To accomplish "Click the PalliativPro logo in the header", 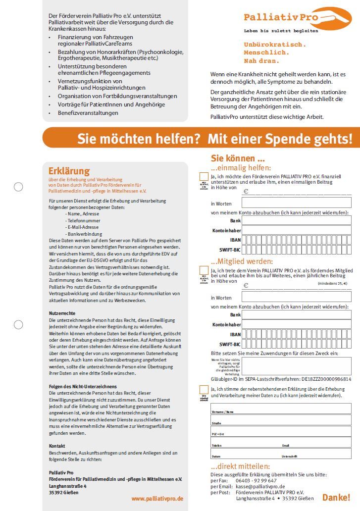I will click(x=297, y=19).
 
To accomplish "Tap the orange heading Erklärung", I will click(x=69, y=171).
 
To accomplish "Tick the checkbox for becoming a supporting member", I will click(x=204, y=270).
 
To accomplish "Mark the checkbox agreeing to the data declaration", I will click(x=204, y=389).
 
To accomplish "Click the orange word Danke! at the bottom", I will click(x=336, y=497).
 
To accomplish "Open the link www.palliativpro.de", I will click(x=157, y=498).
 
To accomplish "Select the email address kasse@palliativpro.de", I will click(x=260, y=486).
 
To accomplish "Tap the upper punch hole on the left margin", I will click(x=18, y=187).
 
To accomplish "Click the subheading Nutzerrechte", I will click(x=62, y=313).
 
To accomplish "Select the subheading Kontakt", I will click(x=57, y=446).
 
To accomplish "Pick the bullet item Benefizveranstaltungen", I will click(x=88, y=113).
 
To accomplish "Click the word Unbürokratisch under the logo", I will click(x=274, y=44).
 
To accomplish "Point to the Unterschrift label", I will click(x=290, y=456).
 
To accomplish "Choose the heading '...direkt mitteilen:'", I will click(x=241, y=466).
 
